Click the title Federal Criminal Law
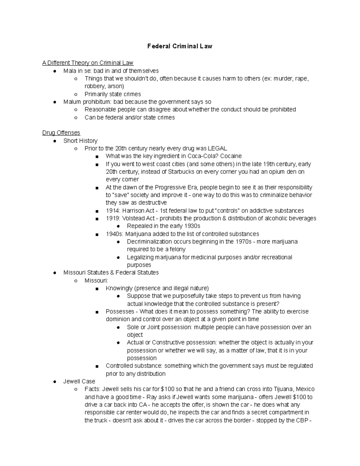[x=180, y=46]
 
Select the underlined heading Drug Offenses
[x=61, y=133]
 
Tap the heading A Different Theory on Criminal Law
[x=88, y=63]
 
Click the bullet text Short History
[x=80, y=141]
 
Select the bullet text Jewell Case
[x=79, y=381]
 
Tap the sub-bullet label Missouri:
[x=96, y=281]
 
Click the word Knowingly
[x=119, y=288]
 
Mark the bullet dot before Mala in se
[x=54, y=71]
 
